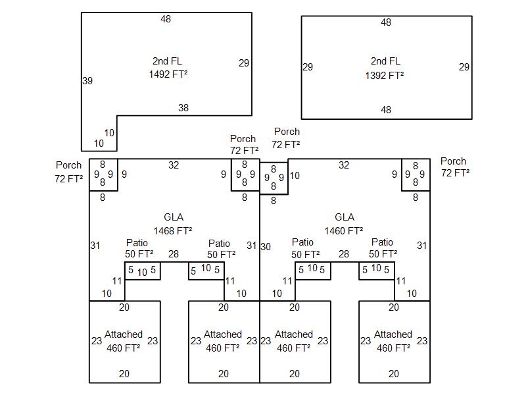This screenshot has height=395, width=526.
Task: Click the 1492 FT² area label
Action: click(168, 74)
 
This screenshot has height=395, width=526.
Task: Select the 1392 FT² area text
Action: click(385, 76)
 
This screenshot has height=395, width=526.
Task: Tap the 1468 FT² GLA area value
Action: click(173, 231)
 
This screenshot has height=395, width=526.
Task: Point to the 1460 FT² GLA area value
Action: click(344, 231)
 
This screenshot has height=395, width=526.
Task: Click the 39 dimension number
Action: click(87, 81)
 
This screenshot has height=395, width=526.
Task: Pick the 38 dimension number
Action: click(183, 108)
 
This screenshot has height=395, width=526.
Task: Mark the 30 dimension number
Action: click(266, 247)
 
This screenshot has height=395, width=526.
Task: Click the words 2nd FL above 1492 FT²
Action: click(167, 61)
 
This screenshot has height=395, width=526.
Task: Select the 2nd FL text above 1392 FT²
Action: click(385, 61)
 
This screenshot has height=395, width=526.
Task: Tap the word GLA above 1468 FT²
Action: click(174, 217)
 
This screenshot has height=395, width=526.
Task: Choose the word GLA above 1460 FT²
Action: click(345, 217)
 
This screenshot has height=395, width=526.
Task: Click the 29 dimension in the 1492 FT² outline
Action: click(244, 63)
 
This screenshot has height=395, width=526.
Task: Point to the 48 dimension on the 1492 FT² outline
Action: click(166, 19)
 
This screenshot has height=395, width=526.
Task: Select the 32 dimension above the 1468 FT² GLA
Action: click(174, 165)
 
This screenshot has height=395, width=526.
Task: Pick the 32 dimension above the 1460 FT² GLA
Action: click(344, 165)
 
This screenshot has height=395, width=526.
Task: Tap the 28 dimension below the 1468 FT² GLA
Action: click(174, 254)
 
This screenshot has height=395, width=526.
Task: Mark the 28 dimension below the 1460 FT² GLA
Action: click(344, 254)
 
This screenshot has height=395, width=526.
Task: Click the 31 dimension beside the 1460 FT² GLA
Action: click(421, 246)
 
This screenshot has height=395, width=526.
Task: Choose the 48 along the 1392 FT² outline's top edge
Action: click(386, 22)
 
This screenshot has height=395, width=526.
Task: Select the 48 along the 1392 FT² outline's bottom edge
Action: click(386, 110)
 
